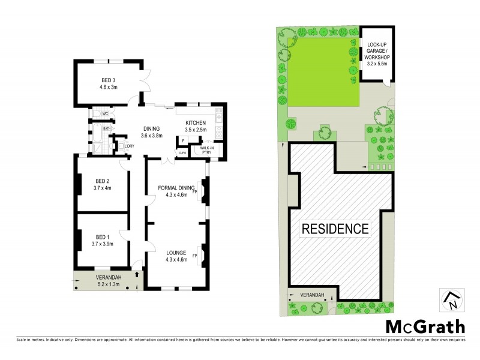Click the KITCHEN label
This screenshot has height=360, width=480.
[x=196, y=123]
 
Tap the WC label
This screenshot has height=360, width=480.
[x=104, y=113]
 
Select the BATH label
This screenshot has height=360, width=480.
[x=107, y=128]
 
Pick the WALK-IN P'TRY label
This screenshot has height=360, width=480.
[x=207, y=149]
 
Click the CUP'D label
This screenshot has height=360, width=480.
[x=182, y=153]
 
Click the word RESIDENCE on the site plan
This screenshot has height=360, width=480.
[x=335, y=229]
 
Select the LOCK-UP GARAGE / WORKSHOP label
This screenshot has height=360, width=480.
[x=377, y=52]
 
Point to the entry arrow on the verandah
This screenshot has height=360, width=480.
[x=138, y=274]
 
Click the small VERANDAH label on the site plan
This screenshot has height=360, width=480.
[x=312, y=295]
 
